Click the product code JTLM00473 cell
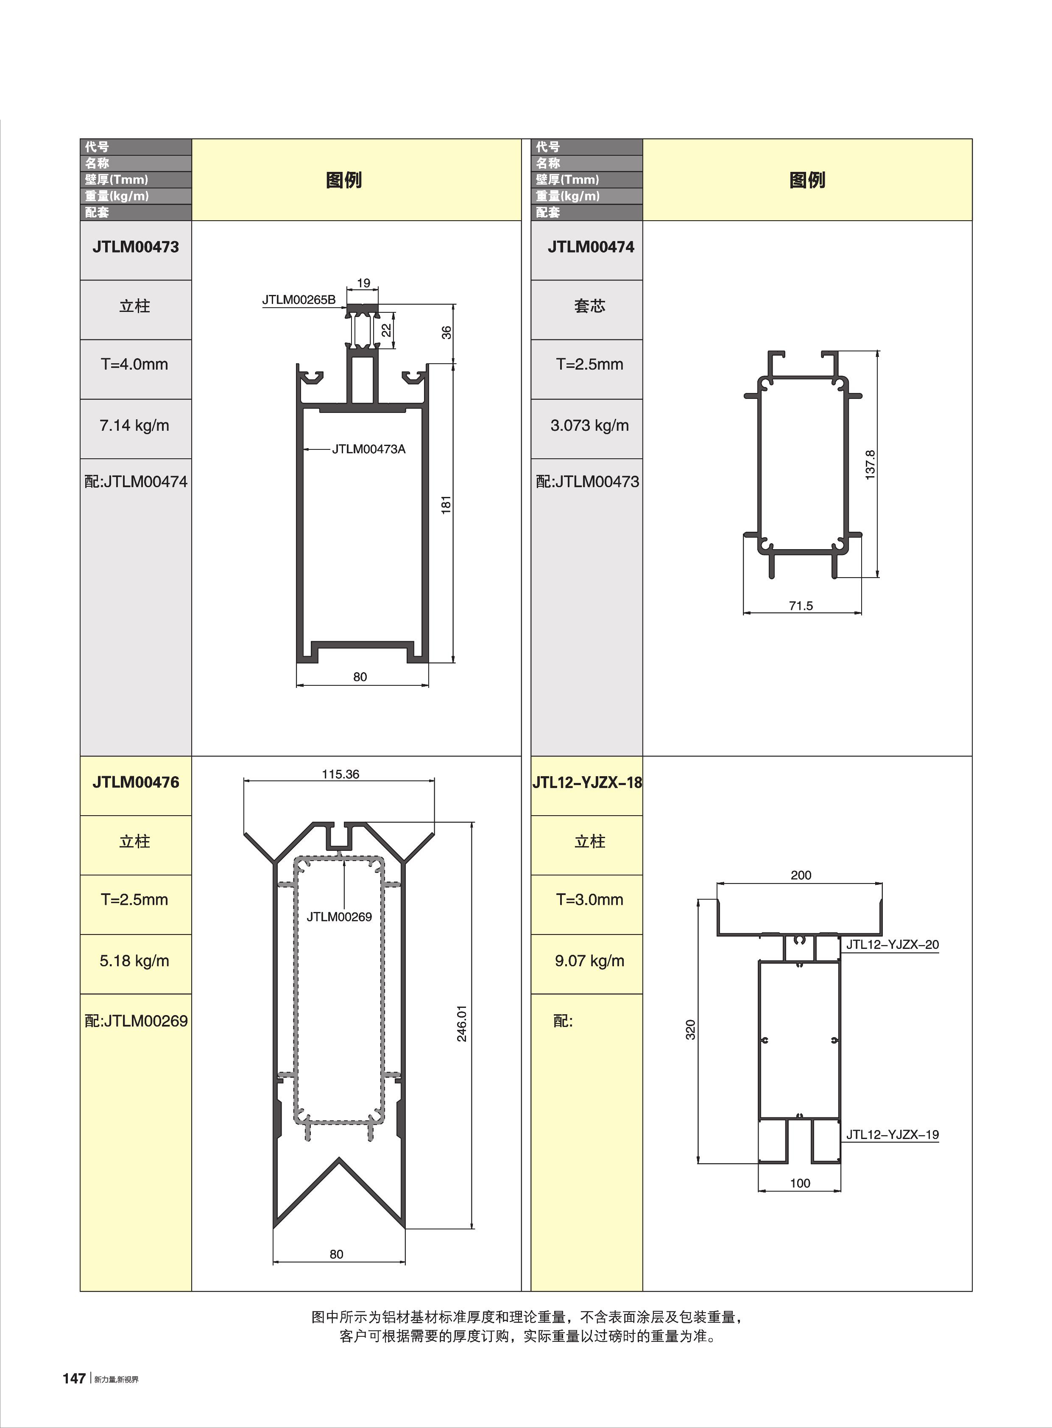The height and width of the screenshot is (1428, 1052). pyautogui.click(x=136, y=247)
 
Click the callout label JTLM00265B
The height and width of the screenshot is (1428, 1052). pyautogui.click(x=299, y=300)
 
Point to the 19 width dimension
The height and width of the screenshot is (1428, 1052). pyautogui.click(x=363, y=283)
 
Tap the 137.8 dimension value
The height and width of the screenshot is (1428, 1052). pyautogui.click(x=871, y=465)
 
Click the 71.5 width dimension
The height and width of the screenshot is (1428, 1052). pyautogui.click(x=801, y=606)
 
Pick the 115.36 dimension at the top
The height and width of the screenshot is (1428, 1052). pyautogui.click(x=340, y=774)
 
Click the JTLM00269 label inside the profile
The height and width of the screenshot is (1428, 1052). pyautogui.click(x=339, y=917)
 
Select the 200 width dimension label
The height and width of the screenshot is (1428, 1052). pyautogui.click(x=801, y=875)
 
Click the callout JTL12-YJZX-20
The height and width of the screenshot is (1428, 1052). pyautogui.click(x=892, y=945)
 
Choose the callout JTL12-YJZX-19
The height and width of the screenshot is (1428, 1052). pyautogui.click(x=892, y=1135)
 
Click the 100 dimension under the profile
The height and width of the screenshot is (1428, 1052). pyautogui.click(x=800, y=1183)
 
